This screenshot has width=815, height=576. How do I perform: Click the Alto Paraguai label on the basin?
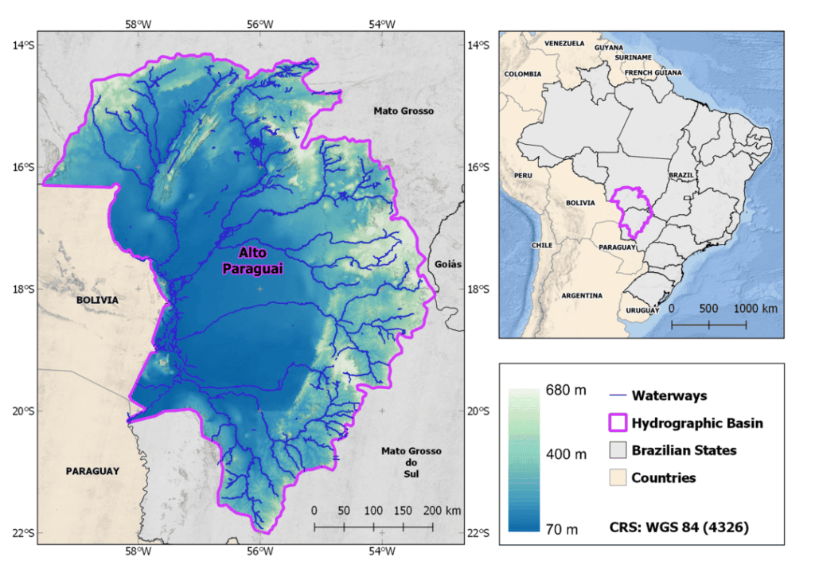tap(252, 260)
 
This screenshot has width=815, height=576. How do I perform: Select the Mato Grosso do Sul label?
tap(411, 462)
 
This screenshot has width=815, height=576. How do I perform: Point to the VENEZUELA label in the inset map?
tap(564, 43)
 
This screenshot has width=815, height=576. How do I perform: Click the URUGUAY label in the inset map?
tap(643, 309)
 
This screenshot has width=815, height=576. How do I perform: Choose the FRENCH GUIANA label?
tap(654, 72)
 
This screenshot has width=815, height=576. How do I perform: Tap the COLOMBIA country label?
tap(523, 74)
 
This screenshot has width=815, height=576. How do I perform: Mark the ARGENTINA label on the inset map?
tap(582, 295)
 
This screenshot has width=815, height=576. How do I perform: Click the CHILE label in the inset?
tap(542, 245)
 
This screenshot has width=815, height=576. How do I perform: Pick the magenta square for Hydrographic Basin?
tap(617, 422)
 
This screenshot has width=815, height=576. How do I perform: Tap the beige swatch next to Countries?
tap(617, 477)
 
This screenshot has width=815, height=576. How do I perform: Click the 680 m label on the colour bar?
tap(567, 391)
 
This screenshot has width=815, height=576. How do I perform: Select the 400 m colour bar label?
tap(567, 453)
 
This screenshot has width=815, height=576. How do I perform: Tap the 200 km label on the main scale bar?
tap(441, 510)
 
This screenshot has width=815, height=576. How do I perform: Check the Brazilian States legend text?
tap(684, 450)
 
